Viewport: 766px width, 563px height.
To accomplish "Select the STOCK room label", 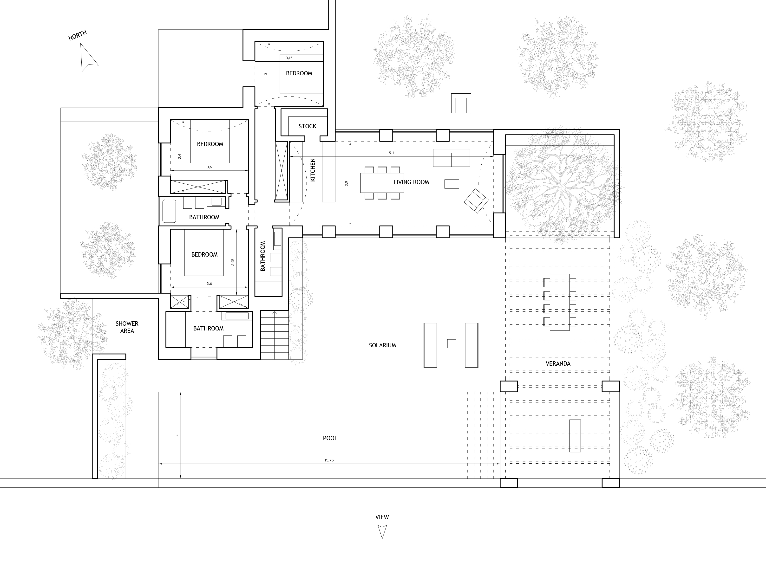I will [307, 126].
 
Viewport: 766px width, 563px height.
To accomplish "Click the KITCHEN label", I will [313, 170].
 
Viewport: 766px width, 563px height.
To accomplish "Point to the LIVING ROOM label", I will [411, 182].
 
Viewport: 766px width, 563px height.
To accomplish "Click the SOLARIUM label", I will [382, 345].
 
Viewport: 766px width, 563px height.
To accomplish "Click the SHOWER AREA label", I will [127, 327].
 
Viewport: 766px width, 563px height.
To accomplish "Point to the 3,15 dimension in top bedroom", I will [289, 58].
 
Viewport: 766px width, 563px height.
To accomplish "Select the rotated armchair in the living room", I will [476, 201].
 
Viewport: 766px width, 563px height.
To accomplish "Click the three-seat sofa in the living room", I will [451, 158].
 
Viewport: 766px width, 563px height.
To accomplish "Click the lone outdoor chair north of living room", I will [461, 103].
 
